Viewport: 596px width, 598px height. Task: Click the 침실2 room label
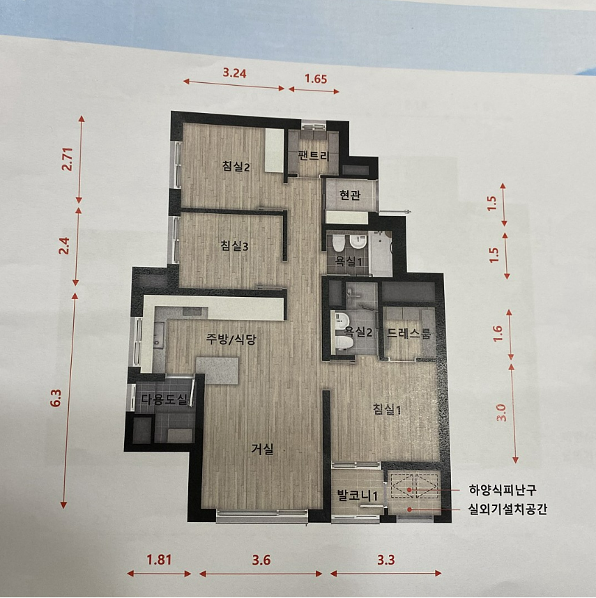(236, 167)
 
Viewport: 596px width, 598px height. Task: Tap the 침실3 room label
(234, 246)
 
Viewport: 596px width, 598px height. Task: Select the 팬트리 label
(314, 155)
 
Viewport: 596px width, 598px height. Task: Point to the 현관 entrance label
(350, 195)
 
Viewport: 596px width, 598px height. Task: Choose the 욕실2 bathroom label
(358, 332)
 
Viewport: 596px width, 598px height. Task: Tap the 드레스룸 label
(409, 333)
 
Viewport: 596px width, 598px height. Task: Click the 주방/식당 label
(231, 339)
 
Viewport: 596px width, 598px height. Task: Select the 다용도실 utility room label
(165, 399)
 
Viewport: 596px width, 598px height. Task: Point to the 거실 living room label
(262, 450)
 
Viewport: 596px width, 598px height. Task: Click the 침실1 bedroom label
(387, 410)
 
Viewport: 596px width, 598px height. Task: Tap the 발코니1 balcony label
(358, 496)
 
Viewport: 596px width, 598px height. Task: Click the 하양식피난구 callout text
(502, 490)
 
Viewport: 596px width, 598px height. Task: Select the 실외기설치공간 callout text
(507, 509)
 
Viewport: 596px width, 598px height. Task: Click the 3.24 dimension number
(234, 72)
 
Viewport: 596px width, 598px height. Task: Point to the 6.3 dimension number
(56, 398)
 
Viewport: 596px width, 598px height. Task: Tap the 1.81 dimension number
(159, 560)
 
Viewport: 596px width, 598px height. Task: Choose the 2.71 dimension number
(67, 159)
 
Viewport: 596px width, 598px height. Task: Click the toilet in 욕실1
(338, 243)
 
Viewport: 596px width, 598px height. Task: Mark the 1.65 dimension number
(316, 79)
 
